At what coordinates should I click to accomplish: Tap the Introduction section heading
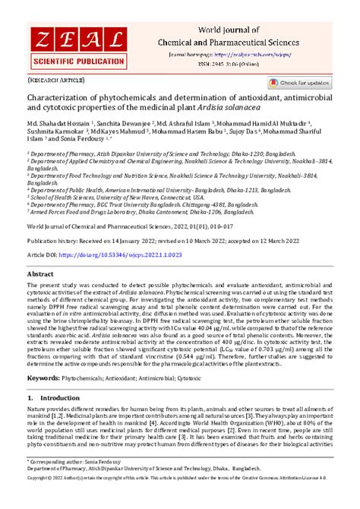58,418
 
